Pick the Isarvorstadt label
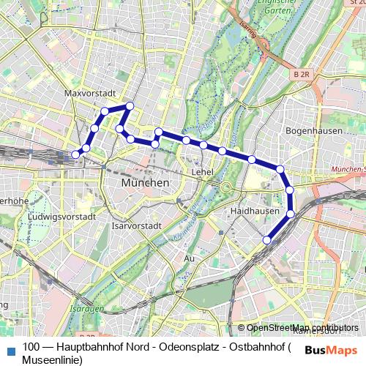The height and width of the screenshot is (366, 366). coord(136,226)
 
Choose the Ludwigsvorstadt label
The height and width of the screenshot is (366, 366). coord(62,217)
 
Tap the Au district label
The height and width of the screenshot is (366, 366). coord(190,258)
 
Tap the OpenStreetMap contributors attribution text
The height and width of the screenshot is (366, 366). coord(302,328)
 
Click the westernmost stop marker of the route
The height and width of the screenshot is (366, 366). coord(75,154)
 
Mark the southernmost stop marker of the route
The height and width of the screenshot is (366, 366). coord(267,239)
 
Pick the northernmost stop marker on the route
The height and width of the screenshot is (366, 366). coord(130,106)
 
